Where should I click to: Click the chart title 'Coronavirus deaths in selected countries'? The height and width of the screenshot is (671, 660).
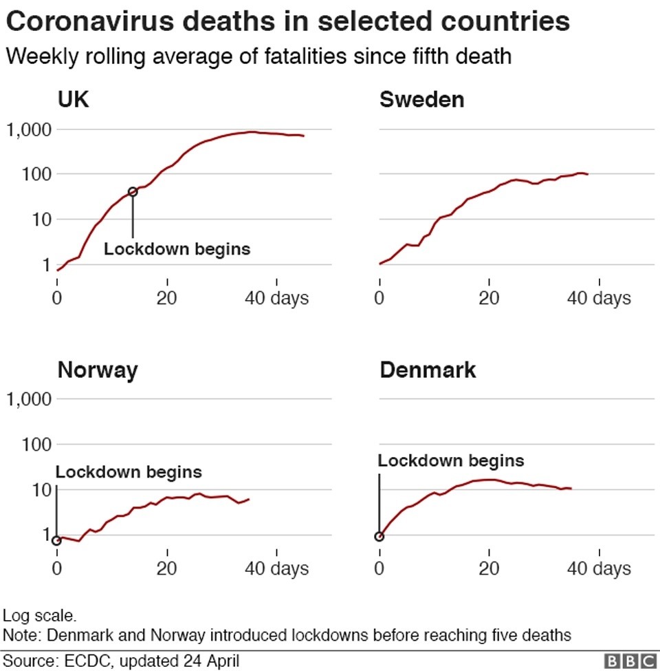point(287,22)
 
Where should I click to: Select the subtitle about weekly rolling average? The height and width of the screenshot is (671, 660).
point(258,56)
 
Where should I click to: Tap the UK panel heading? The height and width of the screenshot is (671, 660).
point(73,100)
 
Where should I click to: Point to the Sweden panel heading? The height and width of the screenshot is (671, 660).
point(421,100)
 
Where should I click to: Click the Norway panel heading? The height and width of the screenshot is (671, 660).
point(97,370)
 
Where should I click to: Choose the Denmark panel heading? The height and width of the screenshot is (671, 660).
point(428,370)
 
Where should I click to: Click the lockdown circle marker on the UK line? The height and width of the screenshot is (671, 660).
point(133,192)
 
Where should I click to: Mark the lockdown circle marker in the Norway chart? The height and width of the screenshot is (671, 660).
point(56,540)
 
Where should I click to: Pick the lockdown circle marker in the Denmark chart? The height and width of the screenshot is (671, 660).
point(379,537)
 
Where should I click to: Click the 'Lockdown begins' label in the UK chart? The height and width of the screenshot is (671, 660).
point(177,249)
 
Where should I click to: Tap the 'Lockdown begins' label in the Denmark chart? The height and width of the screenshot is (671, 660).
point(451,460)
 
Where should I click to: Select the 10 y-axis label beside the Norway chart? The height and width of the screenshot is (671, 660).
point(38,490)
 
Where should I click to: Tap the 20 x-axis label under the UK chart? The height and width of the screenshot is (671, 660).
point(166,298)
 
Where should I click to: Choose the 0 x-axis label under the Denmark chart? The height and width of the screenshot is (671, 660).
point(379,569)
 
